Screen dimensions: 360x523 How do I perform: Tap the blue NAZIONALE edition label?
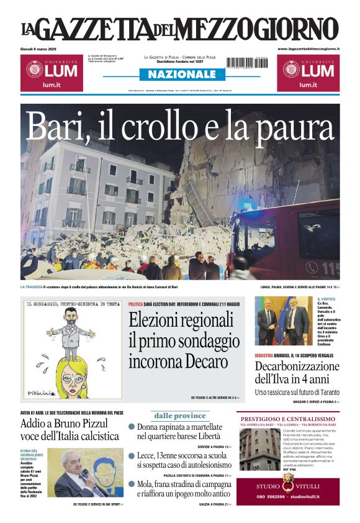(x=178, y=74)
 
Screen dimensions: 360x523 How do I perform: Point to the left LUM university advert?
(x=52, y=73)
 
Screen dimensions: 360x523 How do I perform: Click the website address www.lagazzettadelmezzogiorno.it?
(x=308, y=48)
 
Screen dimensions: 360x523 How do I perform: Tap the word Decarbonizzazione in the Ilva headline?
(x=297, y=366)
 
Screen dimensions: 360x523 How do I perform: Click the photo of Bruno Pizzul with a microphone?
(x=85, y=473)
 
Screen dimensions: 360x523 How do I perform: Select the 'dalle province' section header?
(x=180, y=416)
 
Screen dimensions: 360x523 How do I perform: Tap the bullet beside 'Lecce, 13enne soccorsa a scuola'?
(x=132, y=456)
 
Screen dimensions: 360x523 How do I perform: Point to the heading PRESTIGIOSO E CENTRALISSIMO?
(x=288, y=419)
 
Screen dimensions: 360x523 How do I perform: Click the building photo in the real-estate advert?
(x=259, y=449)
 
